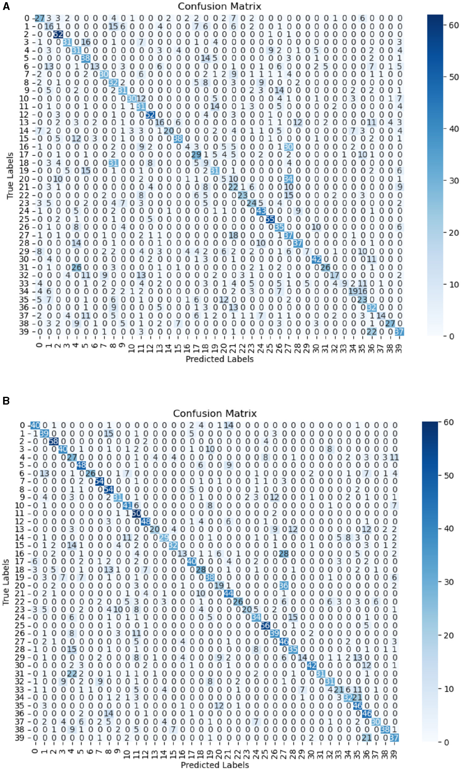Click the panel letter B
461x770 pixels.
coord(6,401)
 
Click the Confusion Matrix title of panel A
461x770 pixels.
coord(219,6)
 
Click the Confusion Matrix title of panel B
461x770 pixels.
coord(215,414)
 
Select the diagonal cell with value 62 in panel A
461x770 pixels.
coord(58,34)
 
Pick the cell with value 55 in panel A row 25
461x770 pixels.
coord(270,219)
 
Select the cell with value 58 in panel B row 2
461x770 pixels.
coord(53,441)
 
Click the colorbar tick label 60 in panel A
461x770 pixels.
coord(454,25)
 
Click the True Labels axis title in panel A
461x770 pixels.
coord(10,176)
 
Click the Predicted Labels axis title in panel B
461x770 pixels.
coord(215,765)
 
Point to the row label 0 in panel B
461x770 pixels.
coord(22,425)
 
